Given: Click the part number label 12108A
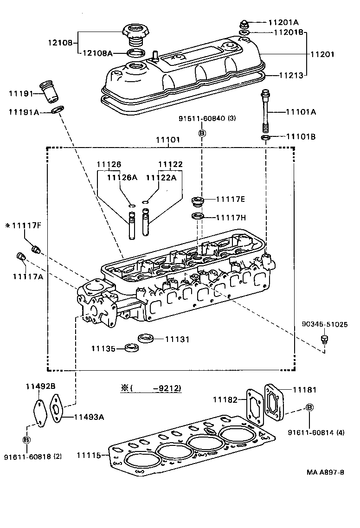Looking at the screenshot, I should (97, 53).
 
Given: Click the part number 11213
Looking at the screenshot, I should (292, 74).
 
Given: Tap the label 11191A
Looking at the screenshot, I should (24, 112).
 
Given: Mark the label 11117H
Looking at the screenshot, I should (230, 217).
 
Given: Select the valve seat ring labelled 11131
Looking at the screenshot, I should (147, 337).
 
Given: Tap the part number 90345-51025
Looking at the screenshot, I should (324, 324).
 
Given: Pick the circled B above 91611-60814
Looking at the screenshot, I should (309, 407).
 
